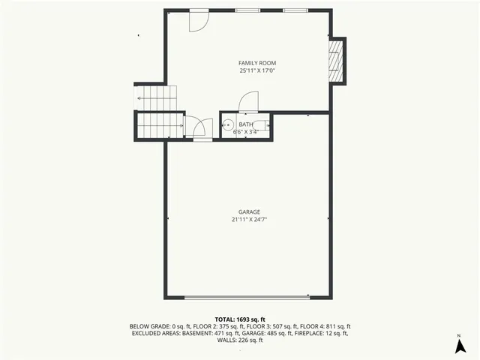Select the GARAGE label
tap(250, 212)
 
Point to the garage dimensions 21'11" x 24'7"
tap(250, 220)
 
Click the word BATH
tap(245, 124)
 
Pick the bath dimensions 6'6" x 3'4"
tap(245, 132)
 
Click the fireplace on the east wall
tap(338, 60)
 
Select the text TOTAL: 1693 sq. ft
tap(239, 319)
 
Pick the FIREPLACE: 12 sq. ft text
tap(322, 333)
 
